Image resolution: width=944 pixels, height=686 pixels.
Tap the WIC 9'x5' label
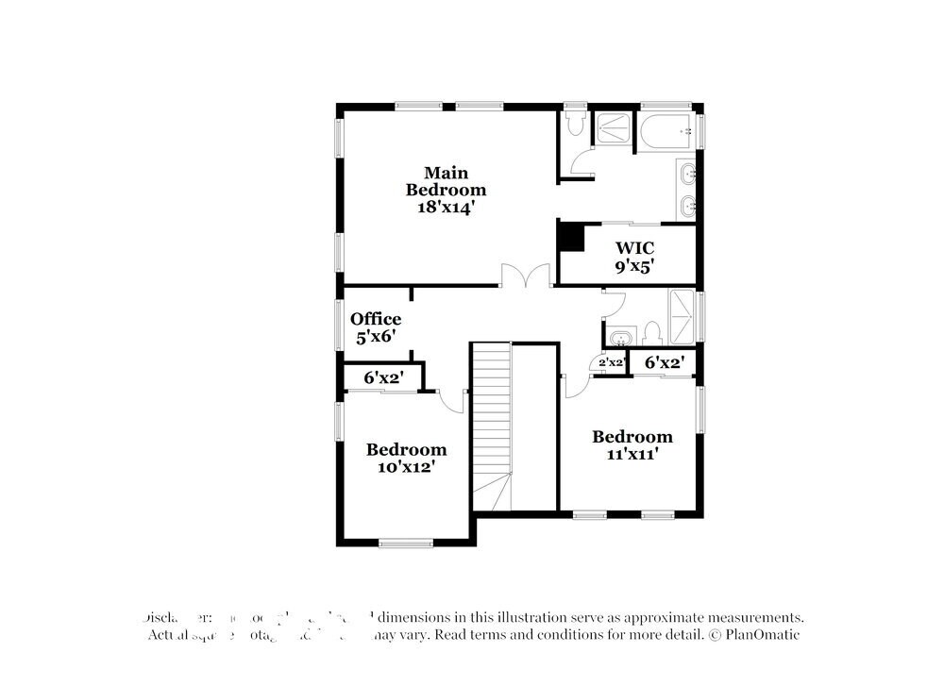point(634,257)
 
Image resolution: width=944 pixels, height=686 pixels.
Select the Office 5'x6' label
point(375,326)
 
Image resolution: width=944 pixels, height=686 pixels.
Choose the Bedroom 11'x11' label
point(632,444)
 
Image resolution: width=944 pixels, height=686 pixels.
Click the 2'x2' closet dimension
point(613,362)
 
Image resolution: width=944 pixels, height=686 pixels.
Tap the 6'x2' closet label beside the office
point(384,377)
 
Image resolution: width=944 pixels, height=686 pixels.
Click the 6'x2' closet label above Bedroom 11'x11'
point(664,361)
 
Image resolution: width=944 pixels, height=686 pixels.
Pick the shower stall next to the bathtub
point(615,129)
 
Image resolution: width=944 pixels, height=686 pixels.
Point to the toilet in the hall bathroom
point(651,333)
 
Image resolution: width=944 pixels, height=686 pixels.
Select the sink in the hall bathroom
point(619,337)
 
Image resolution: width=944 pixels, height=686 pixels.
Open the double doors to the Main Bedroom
point(526,276)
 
